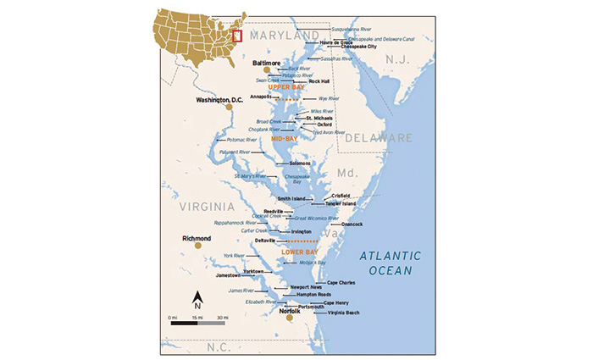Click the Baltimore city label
(x=267, y=63)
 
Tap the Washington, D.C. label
(x=220, y=99)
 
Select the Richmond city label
(x=197, y=239)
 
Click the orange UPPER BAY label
(x=285, y=87)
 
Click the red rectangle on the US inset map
(x=238, y=36)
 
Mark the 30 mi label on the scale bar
(x=221, y=316)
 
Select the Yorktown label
(x=253, y=271)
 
